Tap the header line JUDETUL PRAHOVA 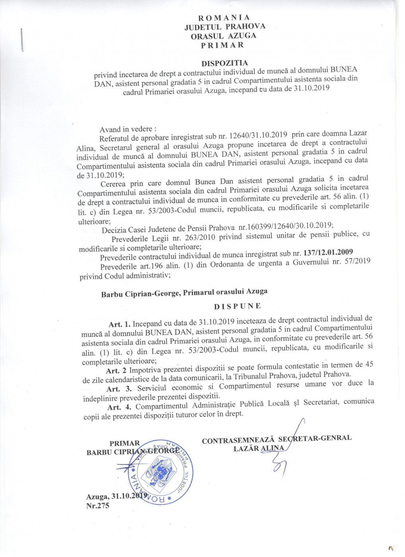(x=225, y=27)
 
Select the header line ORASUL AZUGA (x=224, y=36)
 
